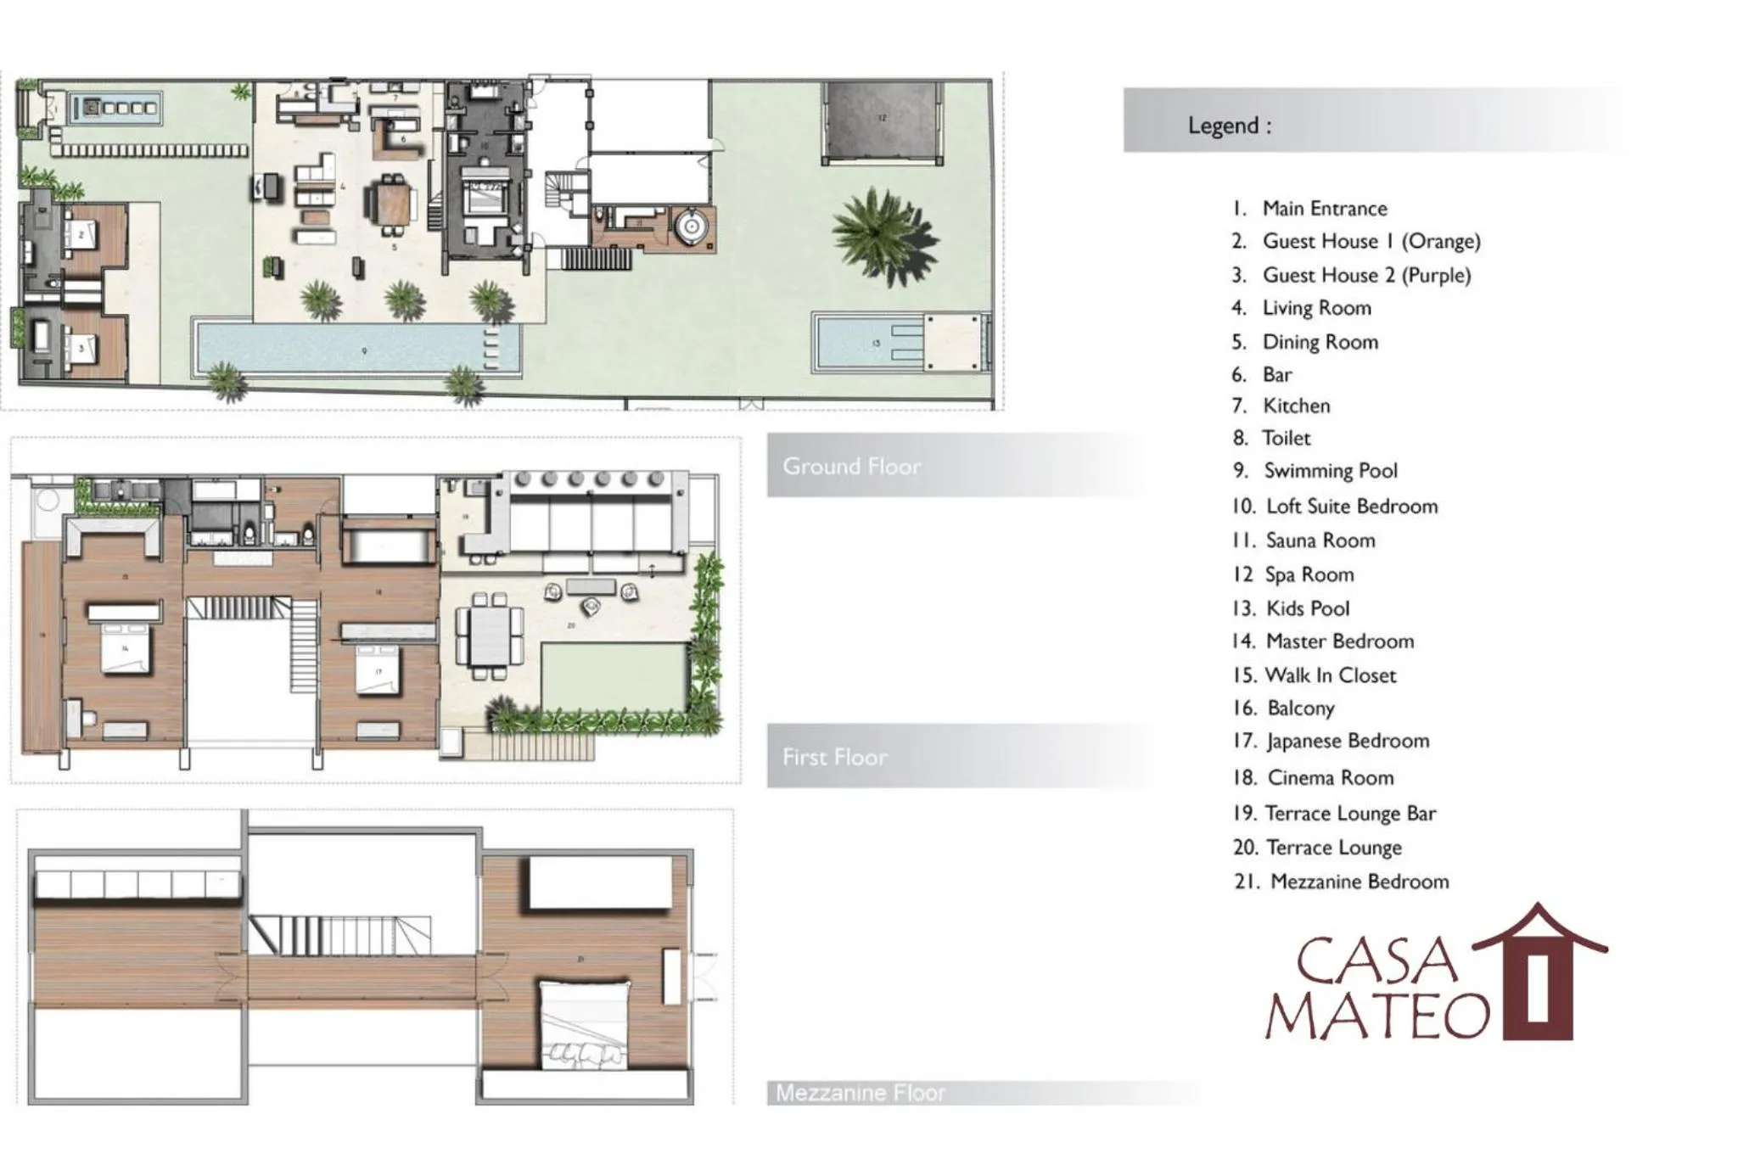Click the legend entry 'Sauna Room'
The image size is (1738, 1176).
click(x=1320, y=540)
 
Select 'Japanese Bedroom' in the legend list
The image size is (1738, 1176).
click(x=1347, y=742)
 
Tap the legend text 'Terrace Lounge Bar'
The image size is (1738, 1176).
click(x=1350, y=814)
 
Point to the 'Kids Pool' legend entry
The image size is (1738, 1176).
click(x=1307, y=608)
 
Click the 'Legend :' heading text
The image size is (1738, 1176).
click(x=1230, y=126)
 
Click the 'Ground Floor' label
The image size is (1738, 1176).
click(x=851, y=466)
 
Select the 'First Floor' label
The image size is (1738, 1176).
click(x=835, y=757)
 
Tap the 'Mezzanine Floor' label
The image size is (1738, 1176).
click(x=860, y=1093)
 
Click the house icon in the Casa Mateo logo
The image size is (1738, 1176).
click(x=1539, y=976)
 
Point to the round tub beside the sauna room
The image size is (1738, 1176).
click(x=690, y=227)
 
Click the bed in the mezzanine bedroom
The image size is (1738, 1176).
click(x=585, y=1024)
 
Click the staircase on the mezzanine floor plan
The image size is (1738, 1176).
click(x=339, y=935)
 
